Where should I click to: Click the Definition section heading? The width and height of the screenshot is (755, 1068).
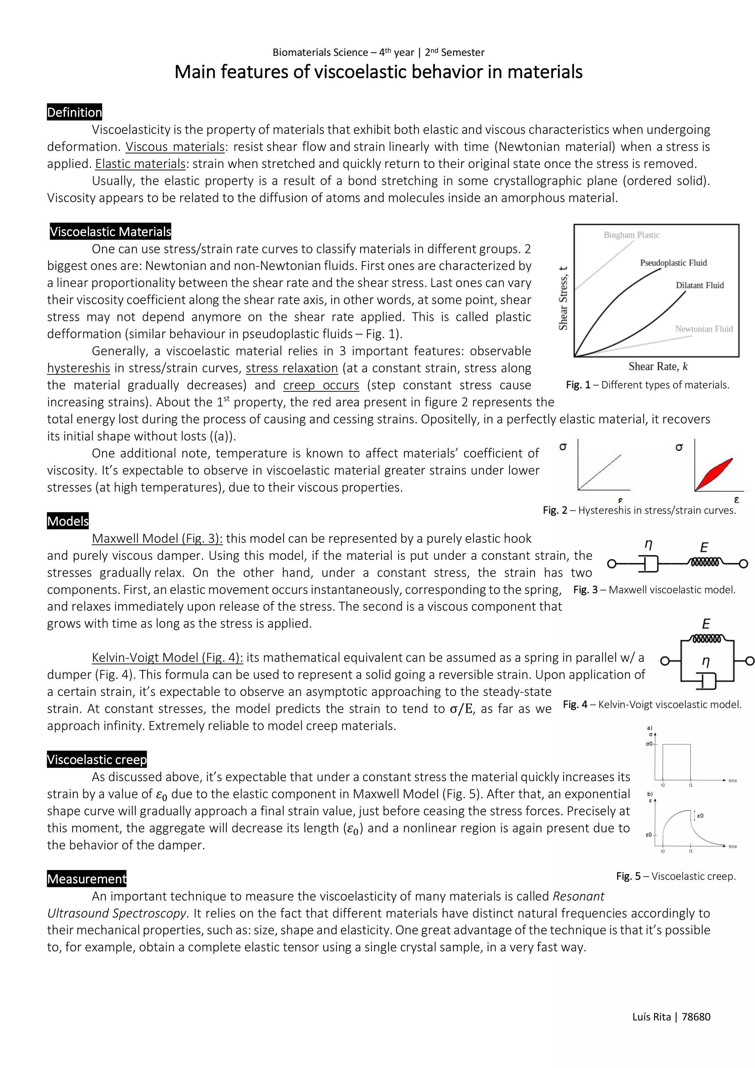click(74, 112)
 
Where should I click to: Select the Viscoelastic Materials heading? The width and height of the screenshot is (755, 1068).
click(111, 232)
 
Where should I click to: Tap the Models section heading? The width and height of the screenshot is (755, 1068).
click(68, 521)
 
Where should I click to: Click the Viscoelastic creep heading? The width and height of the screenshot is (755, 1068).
click(97, 760)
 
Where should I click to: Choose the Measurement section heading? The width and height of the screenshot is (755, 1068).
click(87, 879)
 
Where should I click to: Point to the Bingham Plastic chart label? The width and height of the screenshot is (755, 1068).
click(632, 235)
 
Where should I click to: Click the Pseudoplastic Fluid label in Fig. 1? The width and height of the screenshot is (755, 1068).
click(673, 263)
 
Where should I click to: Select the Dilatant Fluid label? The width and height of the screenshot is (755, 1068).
click(700, 285)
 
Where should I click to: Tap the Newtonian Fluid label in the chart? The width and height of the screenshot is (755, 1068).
click(704, 329)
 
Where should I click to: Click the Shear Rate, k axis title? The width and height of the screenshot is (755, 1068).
click(658, 367)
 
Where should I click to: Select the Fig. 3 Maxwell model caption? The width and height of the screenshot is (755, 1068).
click(654, 590)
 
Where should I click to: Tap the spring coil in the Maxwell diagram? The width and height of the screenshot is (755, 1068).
click(705, 563)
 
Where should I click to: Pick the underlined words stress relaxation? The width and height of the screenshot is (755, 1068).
click(292, 368)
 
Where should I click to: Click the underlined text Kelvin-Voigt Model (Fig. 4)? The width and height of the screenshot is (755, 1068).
click(167, 657)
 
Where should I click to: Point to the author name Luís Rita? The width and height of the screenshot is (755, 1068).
click(651, 1017)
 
